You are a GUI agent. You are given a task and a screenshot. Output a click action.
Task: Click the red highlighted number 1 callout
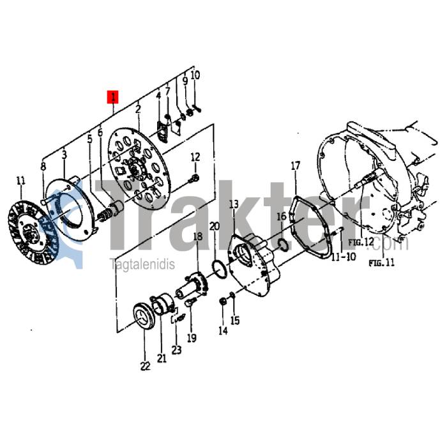click(x=113, y=97)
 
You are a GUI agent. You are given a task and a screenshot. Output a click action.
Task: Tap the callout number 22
click(x=145, y=366)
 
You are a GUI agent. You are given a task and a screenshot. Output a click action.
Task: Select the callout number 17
click(x=295, y=166)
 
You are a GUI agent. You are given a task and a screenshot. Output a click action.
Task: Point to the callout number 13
click(x=234, y=204)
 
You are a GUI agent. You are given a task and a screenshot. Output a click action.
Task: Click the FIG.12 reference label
click(x=361, y=242)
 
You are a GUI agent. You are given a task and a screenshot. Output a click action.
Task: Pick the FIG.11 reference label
click(x=382, y=262)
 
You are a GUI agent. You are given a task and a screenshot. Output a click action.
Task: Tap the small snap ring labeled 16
click(x=283, y=245)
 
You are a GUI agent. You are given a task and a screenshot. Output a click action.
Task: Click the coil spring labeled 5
click(x=105, y=215)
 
